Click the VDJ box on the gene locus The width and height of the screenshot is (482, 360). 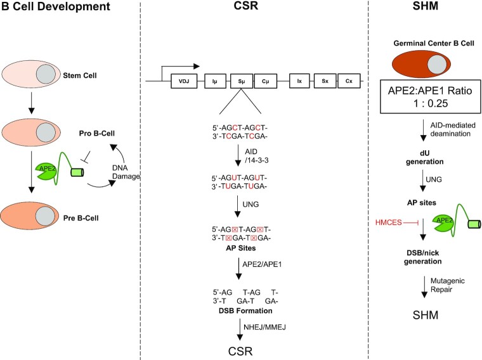tap(184, 81)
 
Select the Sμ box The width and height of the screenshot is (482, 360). tap(242, 81)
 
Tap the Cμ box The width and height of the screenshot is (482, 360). tap(266, 81)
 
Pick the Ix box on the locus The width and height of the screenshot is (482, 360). tap(299, 81)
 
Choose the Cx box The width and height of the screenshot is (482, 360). tap(349, 81)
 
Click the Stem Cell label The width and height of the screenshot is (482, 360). tap(80, 75)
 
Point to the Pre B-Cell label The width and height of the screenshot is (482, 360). tap(81, 218)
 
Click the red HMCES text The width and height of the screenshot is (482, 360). tap(389, 222)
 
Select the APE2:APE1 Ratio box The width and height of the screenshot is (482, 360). tap(431, 97)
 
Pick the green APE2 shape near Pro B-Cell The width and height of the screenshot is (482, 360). tap(46, 170)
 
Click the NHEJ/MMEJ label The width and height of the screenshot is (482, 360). tap(264, 327)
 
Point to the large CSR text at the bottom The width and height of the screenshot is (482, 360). tap(240, 351)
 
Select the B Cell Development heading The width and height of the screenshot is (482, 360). tap(56, 6)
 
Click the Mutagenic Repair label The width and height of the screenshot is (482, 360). tap(447, 285)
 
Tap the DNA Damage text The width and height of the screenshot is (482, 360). tap(126, 172)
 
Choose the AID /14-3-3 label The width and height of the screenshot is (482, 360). tap(256, 156)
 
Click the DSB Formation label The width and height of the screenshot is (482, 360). tap(245, 311)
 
